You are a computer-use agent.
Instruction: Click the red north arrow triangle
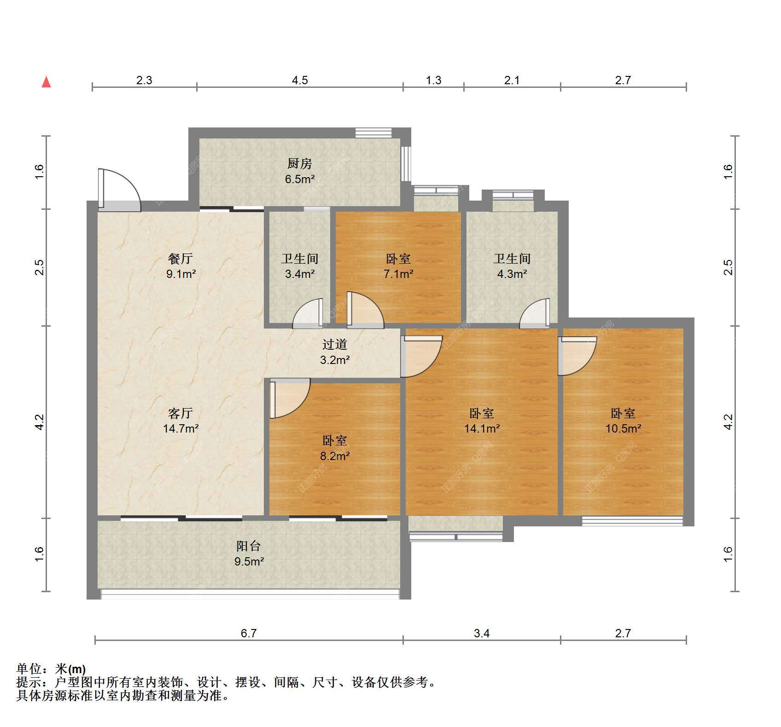coord(46,82)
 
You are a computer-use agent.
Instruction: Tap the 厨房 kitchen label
coord(299,163)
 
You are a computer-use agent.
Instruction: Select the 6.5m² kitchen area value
coord(299,179)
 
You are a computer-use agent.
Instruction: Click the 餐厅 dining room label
coord(181,259)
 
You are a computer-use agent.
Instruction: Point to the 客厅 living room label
coord(181,413)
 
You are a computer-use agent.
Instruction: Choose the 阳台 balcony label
coord(249,546)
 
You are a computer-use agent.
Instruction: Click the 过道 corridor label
coord(335,344)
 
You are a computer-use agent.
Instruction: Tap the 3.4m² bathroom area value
coord(300,274)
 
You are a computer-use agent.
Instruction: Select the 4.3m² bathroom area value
coord(512,274)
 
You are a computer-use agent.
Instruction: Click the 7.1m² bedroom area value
coord(398,274)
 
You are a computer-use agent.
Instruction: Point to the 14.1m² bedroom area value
coord(482,429)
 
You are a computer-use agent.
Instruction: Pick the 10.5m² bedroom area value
coord(623,429)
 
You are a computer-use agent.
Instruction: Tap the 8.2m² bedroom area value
coord(335,456)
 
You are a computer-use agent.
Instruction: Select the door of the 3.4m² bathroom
coord(308,313)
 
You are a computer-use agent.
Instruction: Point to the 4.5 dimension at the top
coord(300,81)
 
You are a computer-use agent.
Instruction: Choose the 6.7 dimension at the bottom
coord(249,634)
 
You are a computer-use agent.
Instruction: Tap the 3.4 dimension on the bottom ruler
coord(482,634)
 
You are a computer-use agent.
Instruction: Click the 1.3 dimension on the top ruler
coord(433,81)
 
